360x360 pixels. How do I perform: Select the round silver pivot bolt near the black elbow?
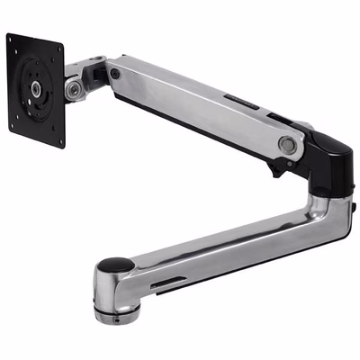[286, 142]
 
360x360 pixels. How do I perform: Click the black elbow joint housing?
[315, 153]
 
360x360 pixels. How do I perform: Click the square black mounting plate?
[36, 90]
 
